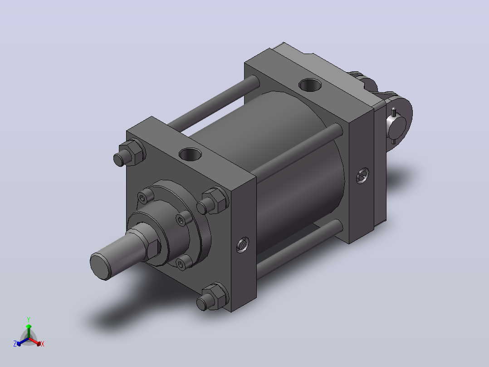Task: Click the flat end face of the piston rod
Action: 100,266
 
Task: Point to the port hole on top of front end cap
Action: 190,154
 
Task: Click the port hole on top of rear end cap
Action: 310,84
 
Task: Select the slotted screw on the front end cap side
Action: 243,245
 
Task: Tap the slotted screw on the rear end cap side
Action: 362,175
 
